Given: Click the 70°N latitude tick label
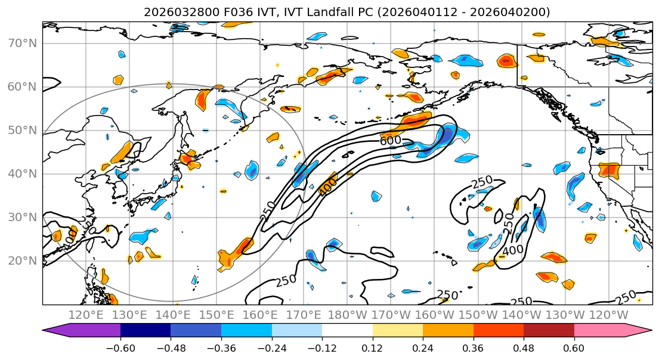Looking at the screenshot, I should pos(21,44).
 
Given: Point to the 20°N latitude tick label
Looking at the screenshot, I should pos(21,261).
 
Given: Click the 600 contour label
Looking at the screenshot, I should pos(390,141).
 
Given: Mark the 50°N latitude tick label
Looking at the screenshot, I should pos(21,131).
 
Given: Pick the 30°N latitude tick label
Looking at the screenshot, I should pos(21,218).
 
